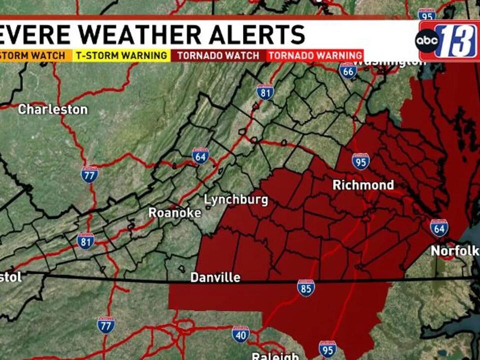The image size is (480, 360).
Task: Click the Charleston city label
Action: click(52, 109)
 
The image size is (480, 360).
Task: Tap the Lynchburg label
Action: click(236, 200)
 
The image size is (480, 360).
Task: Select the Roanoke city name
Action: click(175, 213)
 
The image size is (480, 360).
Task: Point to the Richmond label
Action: click(363, 185)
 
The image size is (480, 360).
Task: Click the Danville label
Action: click(215, 277)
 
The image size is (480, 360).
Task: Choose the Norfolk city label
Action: click(454, 250)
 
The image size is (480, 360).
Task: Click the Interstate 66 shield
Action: click(348, 70)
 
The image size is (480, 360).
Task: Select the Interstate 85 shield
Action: click(305, 288)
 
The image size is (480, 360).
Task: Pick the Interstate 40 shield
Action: click(240, 334)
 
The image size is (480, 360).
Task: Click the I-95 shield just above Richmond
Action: click(360, 161)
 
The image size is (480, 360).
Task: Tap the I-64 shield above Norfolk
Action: click(439, 227)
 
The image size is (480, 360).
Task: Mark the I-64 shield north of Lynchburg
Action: click(200, 156)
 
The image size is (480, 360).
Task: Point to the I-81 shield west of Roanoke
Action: click(85, 241)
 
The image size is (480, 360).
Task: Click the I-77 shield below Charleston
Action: click(89, 174)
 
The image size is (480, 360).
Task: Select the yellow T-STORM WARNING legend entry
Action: click(121, 55)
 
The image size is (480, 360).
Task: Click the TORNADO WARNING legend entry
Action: click(315, 55)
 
